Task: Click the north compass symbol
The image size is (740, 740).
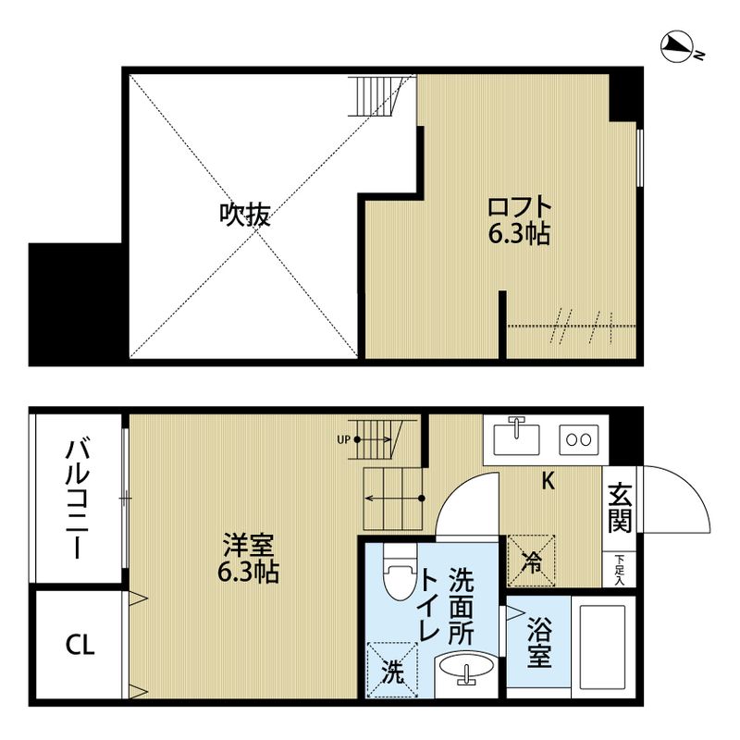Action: (683, 47)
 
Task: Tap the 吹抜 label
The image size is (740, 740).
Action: (244, 216)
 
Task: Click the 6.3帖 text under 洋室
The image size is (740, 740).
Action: (248, 572)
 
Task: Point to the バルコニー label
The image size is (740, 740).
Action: (78, 500)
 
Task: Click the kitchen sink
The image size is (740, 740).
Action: (518, 437)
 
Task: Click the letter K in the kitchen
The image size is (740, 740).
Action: (548, 480)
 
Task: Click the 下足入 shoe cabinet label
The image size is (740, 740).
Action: (619, 570)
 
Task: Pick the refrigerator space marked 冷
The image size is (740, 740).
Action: (532, 561)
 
